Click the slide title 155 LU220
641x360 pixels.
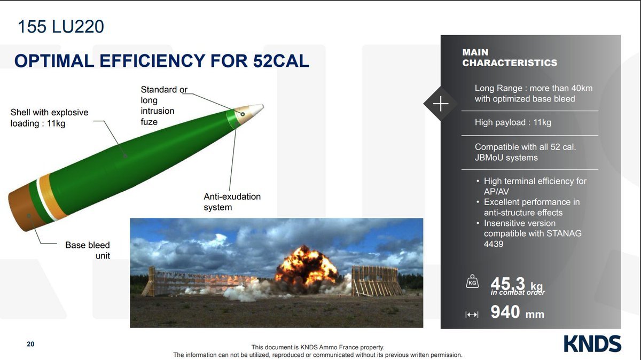[x=61, y=27]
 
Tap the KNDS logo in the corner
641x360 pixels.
[x=592, y=343]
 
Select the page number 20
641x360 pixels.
[x=30, y=344]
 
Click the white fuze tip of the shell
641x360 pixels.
[x=256, y=109]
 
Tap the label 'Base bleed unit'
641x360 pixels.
[x=88, y=250]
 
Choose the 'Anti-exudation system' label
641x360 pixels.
[x=232, y=202]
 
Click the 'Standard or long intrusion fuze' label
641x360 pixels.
[x=163, y=106]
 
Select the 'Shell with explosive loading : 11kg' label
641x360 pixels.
[x=49, y=118]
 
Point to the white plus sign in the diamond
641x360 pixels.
[x=441, y=103]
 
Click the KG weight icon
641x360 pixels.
[x=472, y=281]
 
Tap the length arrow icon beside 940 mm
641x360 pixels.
[x=472, y=315]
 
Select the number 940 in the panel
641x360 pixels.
[x=505, y=312]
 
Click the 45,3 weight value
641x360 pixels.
[x=507, y=284]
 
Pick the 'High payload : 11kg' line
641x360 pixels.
[x=513, y=122]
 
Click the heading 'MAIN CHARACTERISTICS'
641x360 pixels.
[x=510, y=58]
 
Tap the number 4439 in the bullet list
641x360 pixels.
[x=494, y=244]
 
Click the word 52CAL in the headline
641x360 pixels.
[x=281, y=61]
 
